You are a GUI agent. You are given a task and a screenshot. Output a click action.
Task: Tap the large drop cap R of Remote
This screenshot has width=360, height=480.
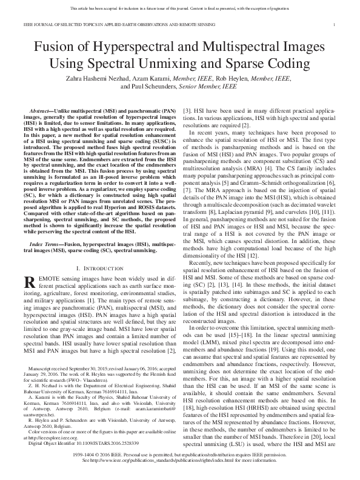28,282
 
